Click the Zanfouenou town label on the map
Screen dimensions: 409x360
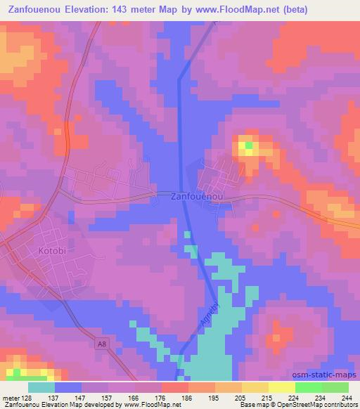tap(197, 198)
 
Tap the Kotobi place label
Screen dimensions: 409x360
tap(46, 249)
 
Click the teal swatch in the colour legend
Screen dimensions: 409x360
tap(41, 387)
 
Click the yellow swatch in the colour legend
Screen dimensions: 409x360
tap(281, 387)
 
